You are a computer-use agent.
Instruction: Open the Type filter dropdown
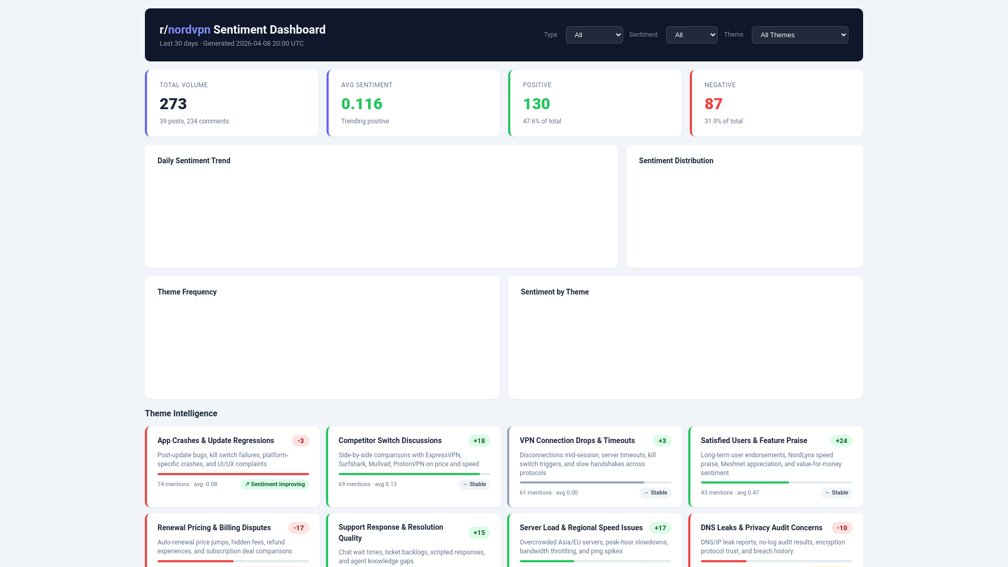tap(594, 35)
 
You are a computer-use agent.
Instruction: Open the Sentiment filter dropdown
tap(691, 35)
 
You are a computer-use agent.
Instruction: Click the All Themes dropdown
tap(799, 35)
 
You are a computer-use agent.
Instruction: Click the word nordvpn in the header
tap(189, 30)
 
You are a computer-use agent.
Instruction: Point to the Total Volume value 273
tap(173, 104)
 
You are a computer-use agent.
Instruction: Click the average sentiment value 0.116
tap(362, 104)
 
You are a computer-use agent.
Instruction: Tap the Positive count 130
tap(536, 104)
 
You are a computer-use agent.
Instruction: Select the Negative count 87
tap(713, 104)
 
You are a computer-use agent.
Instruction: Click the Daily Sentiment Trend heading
tap(194, 161)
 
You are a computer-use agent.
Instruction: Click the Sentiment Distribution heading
tap(676, 161)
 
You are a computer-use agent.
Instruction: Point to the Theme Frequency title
tap(187, 292)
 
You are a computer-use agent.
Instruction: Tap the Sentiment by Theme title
tap(554, 292)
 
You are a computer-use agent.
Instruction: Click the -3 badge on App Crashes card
tap(300, 441)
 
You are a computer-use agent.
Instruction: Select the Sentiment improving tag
tap(275, 485)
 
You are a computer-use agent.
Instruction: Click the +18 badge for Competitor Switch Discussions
tap(479, 441)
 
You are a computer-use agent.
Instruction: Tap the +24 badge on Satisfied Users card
tap(841, 441)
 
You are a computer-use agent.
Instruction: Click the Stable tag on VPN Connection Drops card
tap(655, 493)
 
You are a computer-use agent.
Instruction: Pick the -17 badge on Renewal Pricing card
tap(298, 528)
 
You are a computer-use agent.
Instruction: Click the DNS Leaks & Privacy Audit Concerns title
tap(761, 528)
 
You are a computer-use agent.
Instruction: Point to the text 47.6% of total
tap(542, 121)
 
